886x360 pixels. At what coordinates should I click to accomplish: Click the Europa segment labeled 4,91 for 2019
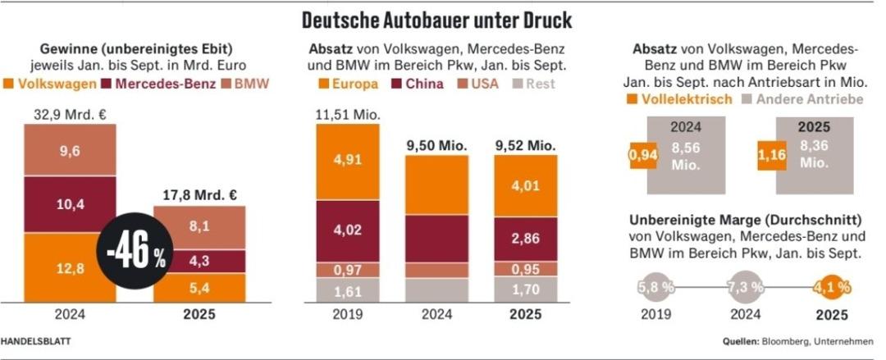point(348,161)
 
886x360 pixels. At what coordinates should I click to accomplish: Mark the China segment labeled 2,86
point(525,239)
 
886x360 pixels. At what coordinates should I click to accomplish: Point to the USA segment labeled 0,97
point(348,270)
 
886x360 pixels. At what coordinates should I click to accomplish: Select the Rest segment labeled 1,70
point(525,289)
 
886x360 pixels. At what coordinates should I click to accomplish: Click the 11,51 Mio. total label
point(347,114)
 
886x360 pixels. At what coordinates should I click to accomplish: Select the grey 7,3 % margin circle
point(745,288)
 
